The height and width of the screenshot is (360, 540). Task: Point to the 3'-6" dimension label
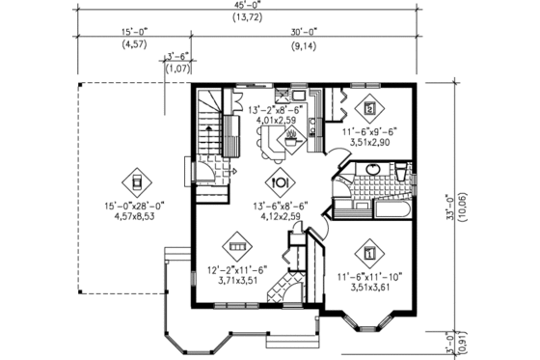pos(177,57)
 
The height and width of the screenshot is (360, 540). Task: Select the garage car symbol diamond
pos(136,180)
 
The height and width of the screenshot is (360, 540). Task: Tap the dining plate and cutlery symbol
pos(280,180)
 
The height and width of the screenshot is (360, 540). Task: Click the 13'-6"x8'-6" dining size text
pos(280,205)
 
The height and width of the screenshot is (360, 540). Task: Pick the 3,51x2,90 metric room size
pos(370,141)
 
